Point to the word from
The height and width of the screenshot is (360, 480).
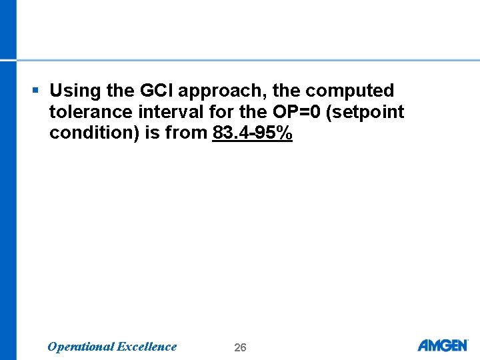coord(186,133)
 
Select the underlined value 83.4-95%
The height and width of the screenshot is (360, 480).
coord(253,133)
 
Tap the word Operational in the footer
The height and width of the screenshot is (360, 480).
coord(80,347)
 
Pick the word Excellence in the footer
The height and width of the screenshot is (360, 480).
coord(147,347)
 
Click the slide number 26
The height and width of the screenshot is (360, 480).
coord(240,347)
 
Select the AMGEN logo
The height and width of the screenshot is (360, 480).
coord(443,345)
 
